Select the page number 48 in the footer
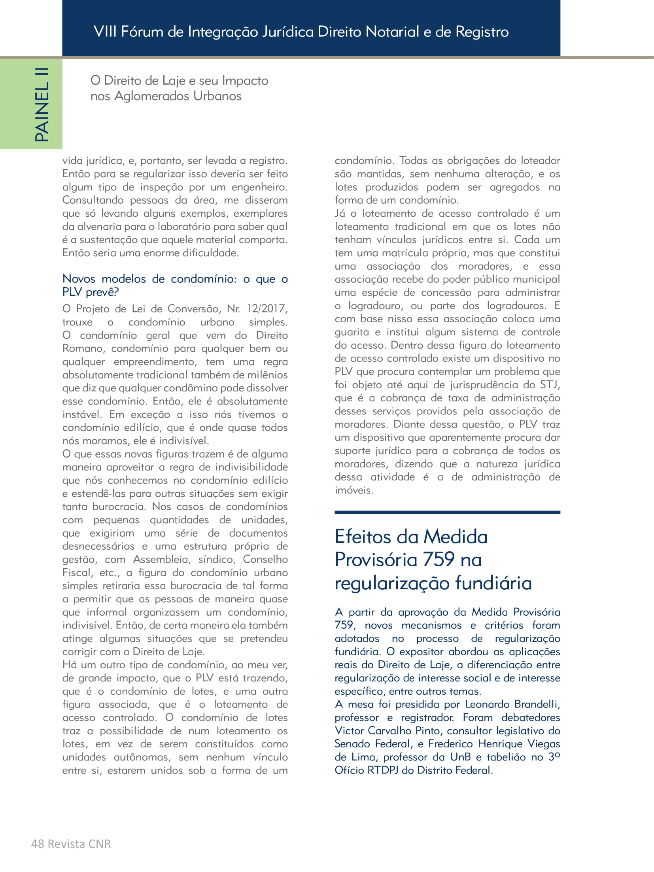click(x=37, y=844)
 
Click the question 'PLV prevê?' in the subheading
click(x=91, y=292)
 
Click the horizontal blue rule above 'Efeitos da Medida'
click(x=447, y=512)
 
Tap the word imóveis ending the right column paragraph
click(x=353, y=490)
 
